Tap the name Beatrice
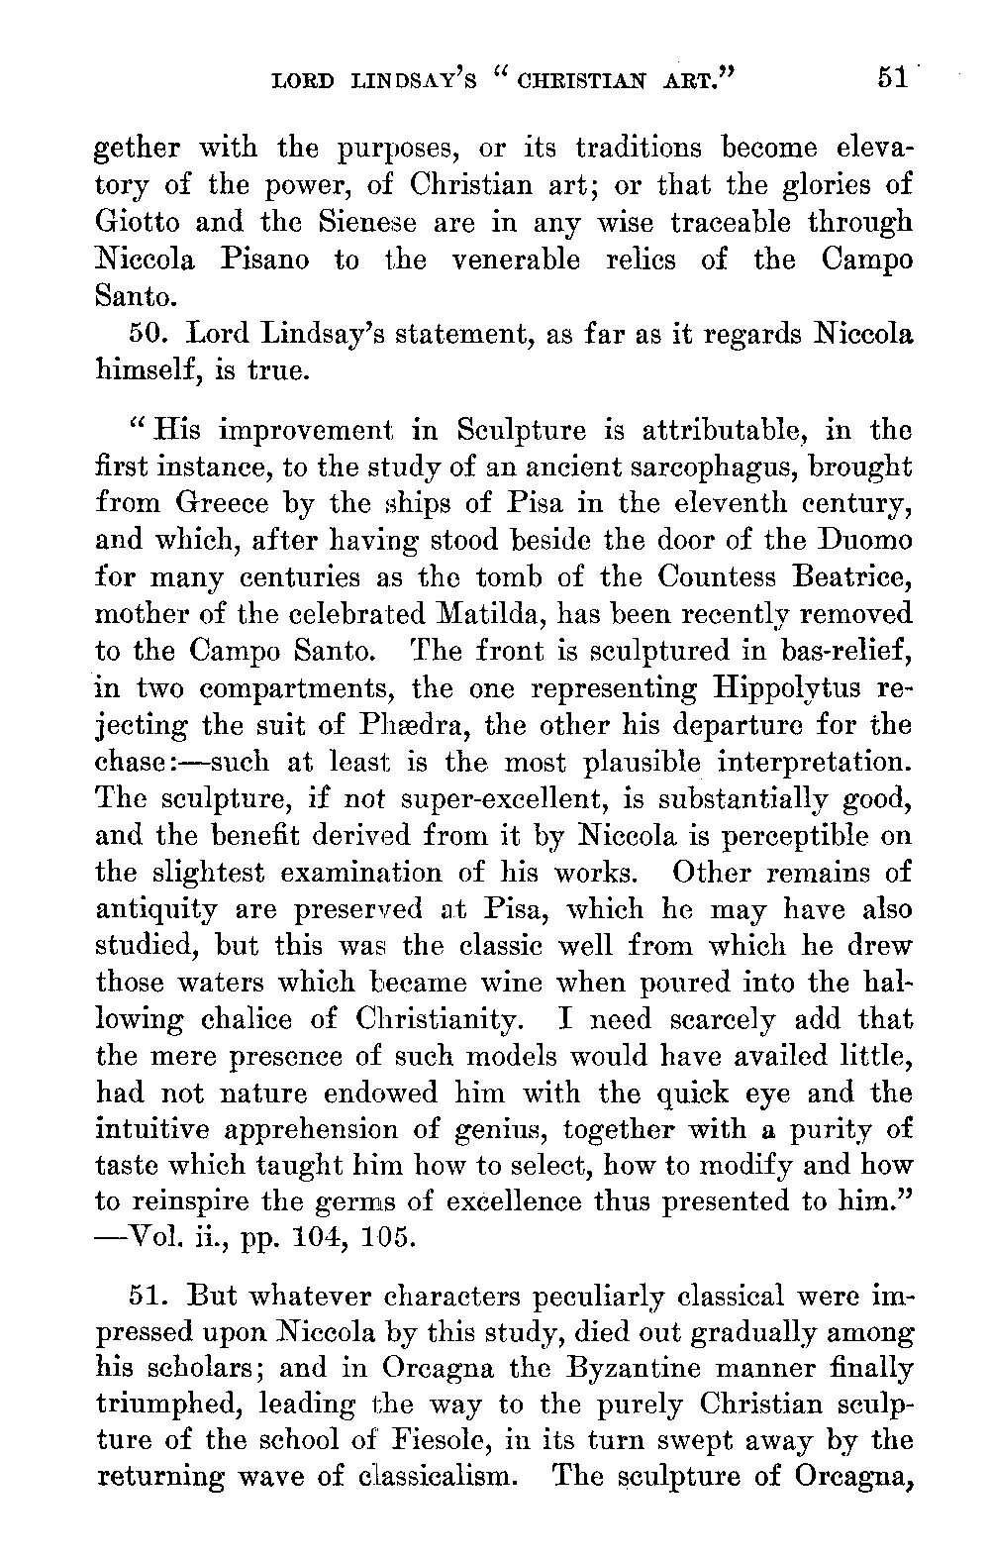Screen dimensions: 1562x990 pos(848,577)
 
